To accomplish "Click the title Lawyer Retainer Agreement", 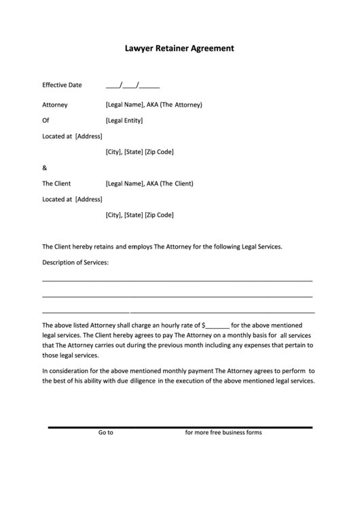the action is pos(179,49).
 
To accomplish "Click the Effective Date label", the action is pos(62,86).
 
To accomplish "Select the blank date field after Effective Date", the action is pos(133,86).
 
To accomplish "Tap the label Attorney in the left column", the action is pos(54,105).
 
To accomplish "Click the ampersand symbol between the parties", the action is pos(45,168).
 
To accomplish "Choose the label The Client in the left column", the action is pos(56,183).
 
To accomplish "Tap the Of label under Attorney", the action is pos(46,120).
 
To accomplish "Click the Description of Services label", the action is pos(75,262).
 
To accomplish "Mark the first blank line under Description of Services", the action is pos(177,280).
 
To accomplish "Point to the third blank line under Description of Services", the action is pos(178,311).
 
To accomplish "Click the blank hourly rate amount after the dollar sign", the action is pos(217,325).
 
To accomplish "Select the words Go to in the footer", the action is pos(105,432).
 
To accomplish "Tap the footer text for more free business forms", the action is pos(223,432).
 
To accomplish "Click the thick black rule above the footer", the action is pos(180,427).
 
